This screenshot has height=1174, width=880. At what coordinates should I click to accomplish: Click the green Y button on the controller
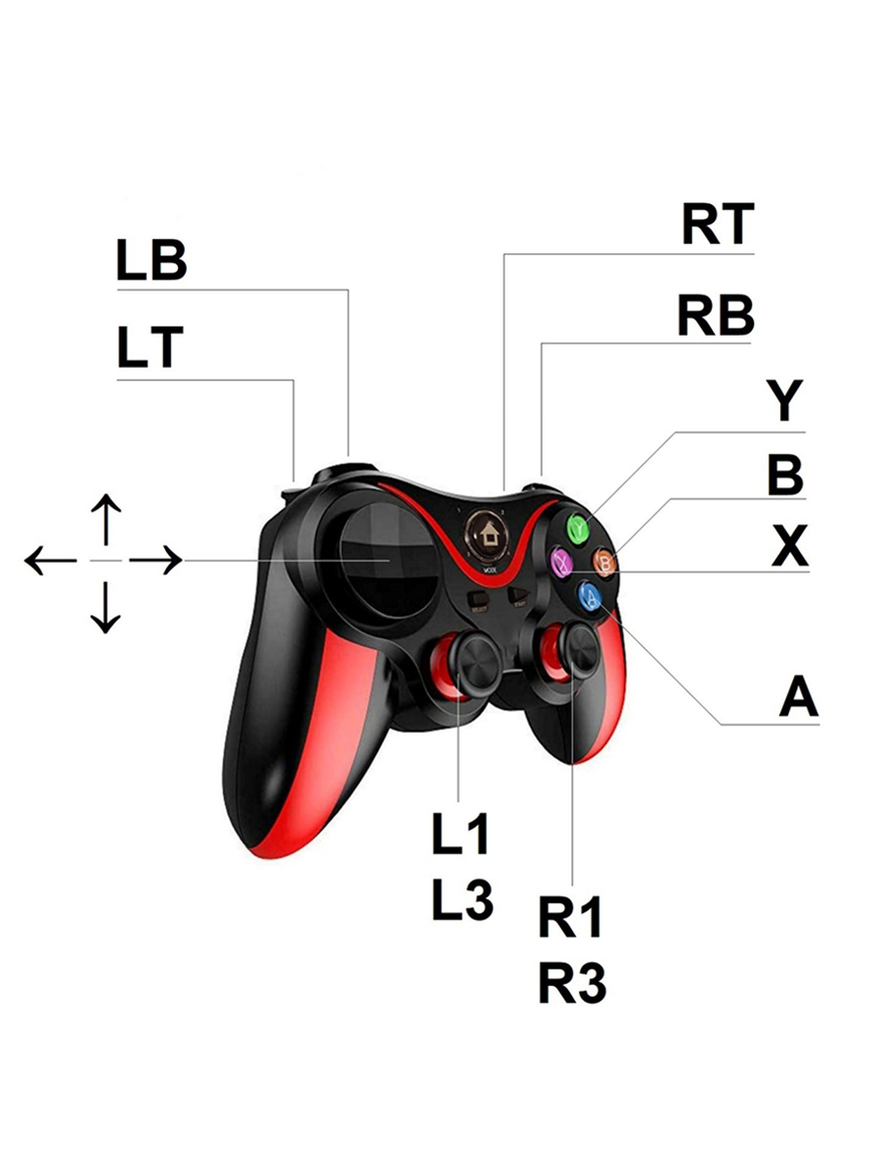point(579,527)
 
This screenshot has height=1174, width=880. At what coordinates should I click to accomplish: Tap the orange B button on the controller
point(607,562)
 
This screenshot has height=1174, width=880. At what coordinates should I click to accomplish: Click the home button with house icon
point(486,533)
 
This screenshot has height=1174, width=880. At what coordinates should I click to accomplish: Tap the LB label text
point(152,261)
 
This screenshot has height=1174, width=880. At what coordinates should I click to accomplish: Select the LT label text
point(150,349)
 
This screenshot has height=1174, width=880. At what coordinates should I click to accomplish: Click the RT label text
point(718,225)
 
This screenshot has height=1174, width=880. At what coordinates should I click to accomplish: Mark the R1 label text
point(571,918)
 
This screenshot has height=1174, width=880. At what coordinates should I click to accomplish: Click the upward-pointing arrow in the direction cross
point(106,519)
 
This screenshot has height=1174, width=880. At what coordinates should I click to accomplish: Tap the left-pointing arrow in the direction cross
point(50,561)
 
